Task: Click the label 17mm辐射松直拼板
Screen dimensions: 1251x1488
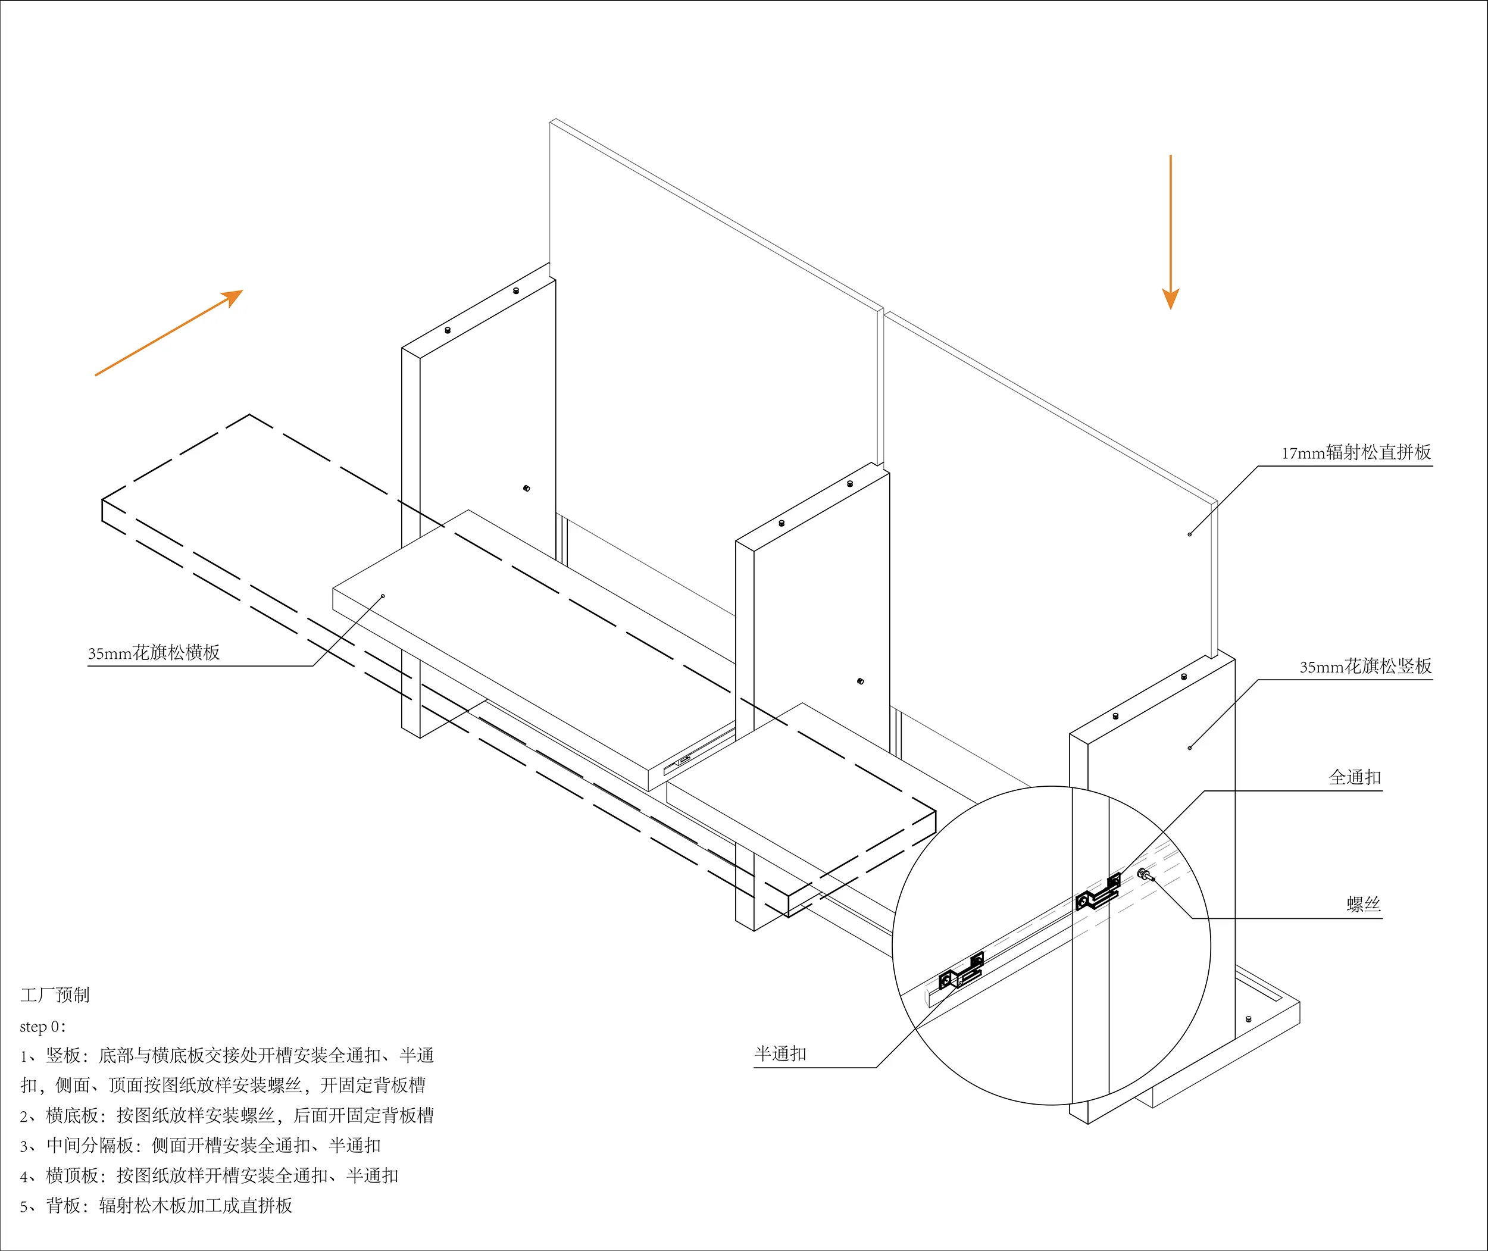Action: click(1355, 452)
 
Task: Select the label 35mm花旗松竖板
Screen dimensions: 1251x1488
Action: click(1365, 667)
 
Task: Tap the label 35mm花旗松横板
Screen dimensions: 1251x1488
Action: click(154, 652)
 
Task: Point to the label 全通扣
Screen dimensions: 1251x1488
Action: click(1355, 777)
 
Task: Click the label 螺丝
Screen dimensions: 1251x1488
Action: click(1364, 904)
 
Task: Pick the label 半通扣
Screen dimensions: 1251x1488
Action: click(780, 1054)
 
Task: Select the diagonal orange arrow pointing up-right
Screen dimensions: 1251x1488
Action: click(169, 333)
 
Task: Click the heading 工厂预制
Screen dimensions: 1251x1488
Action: click(55, 995)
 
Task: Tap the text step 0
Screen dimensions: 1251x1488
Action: click(42, 1026)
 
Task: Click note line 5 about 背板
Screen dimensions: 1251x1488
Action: click(156, 1206)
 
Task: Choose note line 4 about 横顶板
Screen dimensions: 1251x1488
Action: click(210, 1176)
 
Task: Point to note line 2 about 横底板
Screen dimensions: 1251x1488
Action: click(227, 1115)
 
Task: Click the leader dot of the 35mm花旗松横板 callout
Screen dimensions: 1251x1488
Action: click(383, 596)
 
